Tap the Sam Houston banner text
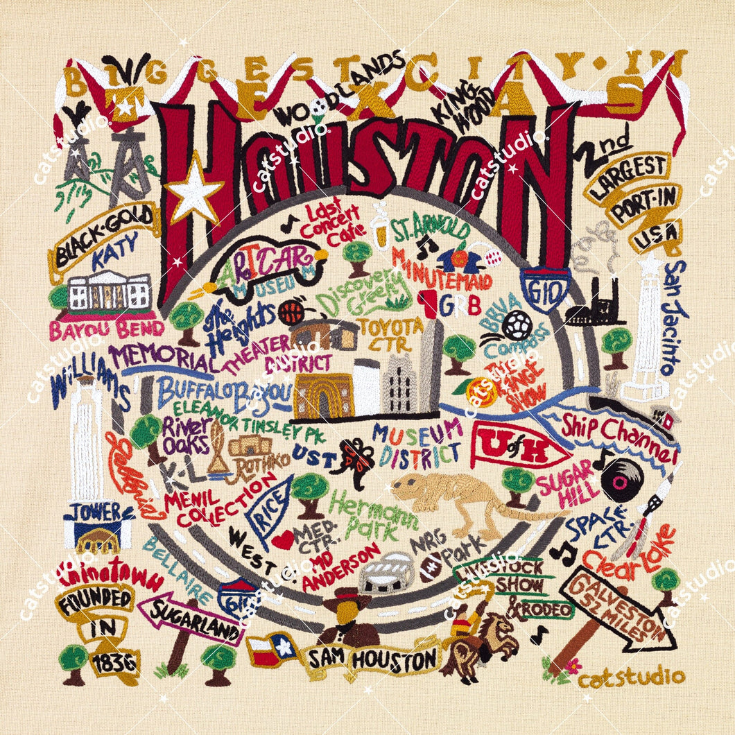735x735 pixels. click(372, 658)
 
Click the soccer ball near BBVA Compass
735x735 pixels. click(518, 325)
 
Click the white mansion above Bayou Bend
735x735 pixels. click(110, 292)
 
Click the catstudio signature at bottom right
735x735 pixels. click(631, 677)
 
